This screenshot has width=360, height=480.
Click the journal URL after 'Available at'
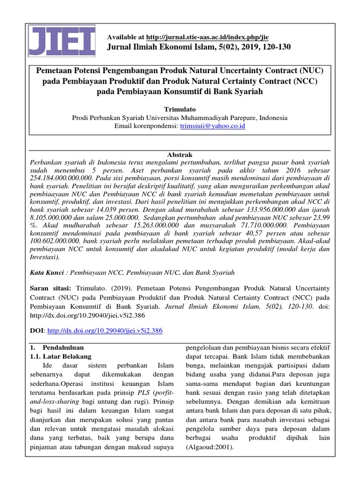pyautogui.click(x=207, y=37)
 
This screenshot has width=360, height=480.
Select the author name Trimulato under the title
pyautogui.click(x=180, y=108)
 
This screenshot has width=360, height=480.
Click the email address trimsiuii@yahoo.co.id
pyautogui.click(x=213, y=126)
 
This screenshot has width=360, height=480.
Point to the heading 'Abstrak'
pyautogui.click(x=180, y=154)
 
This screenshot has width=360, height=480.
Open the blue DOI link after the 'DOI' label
pyautogui.click(x=105, y=330)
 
